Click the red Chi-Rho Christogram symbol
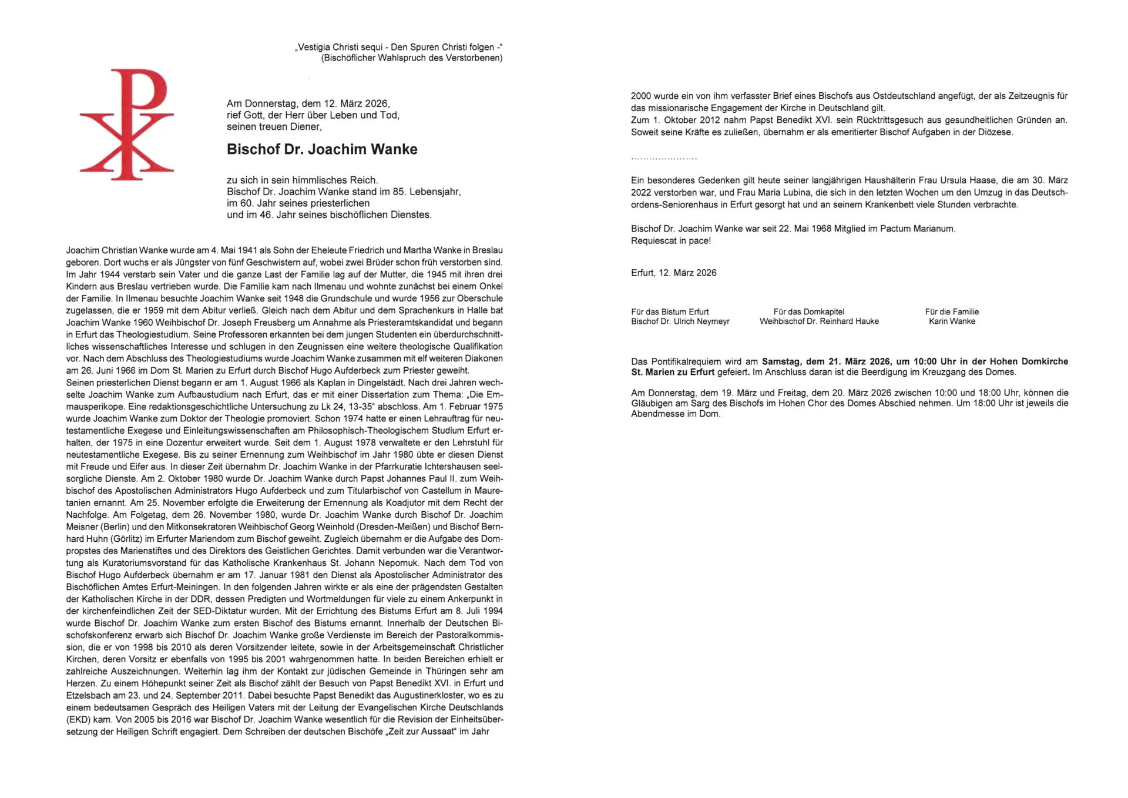point(127,124)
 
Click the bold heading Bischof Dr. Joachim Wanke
point(322,149)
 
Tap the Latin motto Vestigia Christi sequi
point(341,47)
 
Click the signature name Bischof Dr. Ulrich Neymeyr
point(680,321)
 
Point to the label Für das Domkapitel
point(809,311)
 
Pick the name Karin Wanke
point(952,321)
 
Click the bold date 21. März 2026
point(848,361)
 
